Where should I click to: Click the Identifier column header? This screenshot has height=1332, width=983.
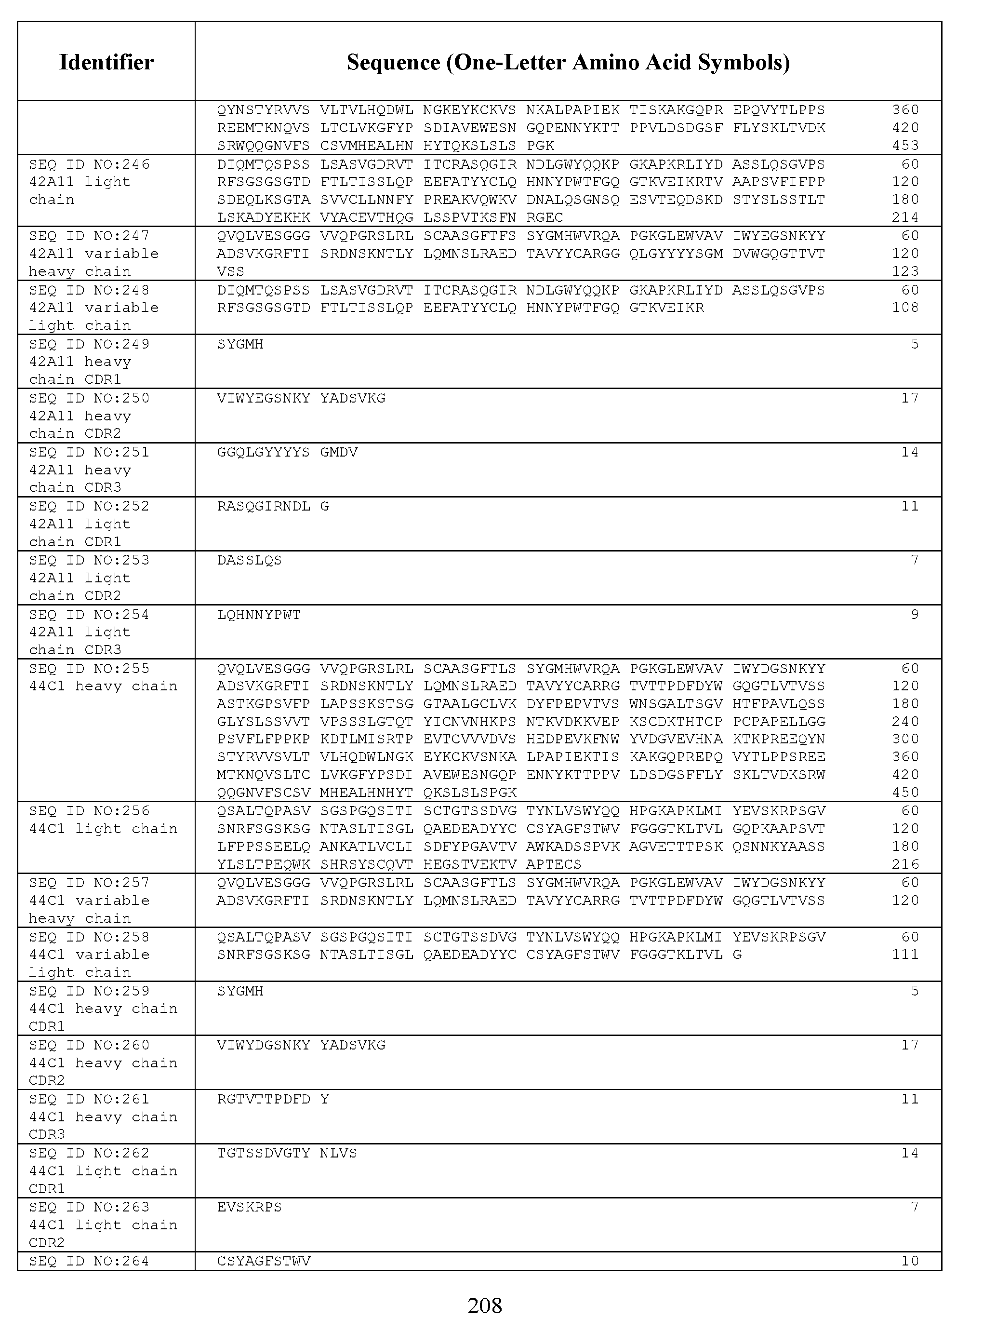click(106, 62)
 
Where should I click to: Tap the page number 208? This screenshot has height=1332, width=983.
click(484, 1305)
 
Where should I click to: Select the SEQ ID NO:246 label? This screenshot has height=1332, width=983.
click(89, 164)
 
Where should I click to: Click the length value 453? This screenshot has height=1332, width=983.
click(905, 146)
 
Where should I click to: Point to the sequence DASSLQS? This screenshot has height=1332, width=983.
click(249, 561)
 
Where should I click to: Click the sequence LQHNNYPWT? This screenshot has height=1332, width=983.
click(259, 615)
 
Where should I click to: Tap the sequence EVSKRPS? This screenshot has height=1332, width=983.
click(249, 1208)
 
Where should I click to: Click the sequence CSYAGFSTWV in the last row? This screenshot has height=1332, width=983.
click(264, 1261)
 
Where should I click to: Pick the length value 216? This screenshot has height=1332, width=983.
click(905, 864)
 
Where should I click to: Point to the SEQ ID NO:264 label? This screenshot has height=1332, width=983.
click(89, 1261)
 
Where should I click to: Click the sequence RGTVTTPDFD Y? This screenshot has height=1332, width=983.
click(273, 1099)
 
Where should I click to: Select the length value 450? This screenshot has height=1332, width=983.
click(905, 793)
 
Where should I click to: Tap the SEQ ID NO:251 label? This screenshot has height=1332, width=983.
click(89, 452)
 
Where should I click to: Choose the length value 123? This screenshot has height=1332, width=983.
click(905, 271)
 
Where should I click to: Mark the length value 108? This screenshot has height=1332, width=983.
click(905, 308)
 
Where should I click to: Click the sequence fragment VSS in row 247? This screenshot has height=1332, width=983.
click(231, 271)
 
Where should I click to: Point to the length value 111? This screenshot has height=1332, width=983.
click(905, 955)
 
